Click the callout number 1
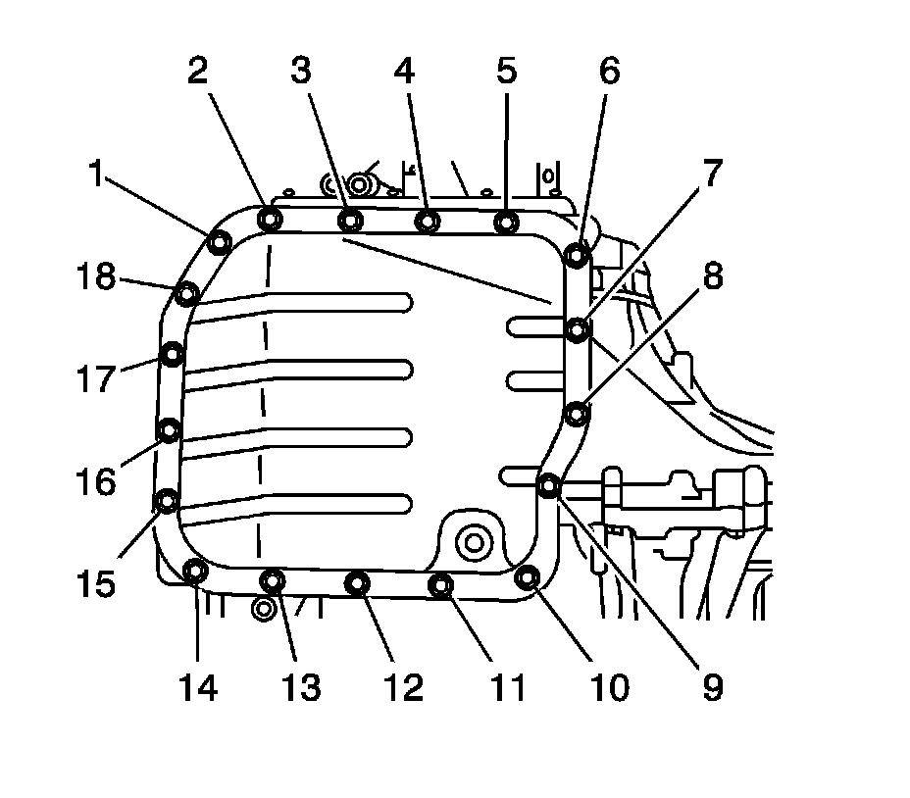[96, 175]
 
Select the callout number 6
[610, 73]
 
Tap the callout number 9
[713, 688]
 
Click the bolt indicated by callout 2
[270, 219]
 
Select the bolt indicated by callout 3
[350, 220]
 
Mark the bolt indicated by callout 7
[579, 329]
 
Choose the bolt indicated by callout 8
[578, 414]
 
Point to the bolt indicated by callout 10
[527, 577]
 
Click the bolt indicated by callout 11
[441, 585]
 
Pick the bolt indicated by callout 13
[272, 581]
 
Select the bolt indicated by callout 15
[168, 501]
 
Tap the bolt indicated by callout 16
[170, 429]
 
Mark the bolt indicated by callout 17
[173, 353]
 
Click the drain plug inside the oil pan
[476, 539]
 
